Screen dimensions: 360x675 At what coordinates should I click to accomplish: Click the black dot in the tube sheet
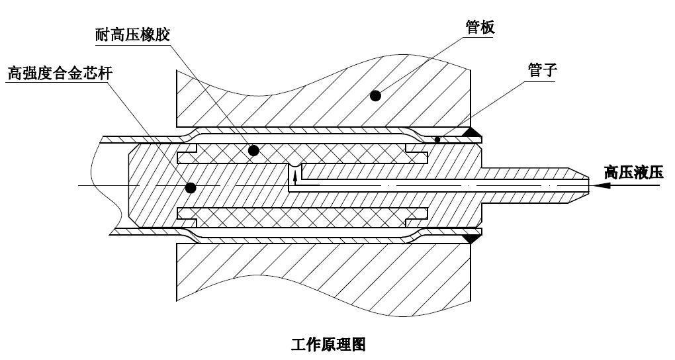(375, 95)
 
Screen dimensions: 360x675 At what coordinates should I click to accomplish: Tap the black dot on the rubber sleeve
(253, 150)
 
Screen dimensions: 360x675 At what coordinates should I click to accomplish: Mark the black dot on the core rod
(191, 187)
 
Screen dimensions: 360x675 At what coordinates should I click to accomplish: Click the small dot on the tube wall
(437, 140)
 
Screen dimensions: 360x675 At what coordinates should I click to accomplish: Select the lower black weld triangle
(472, 238)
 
